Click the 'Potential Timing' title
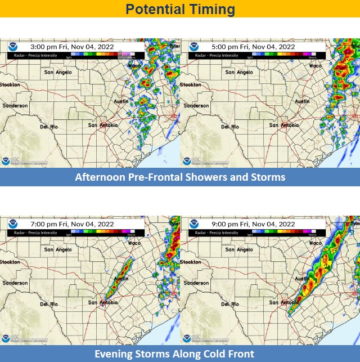point(180,9)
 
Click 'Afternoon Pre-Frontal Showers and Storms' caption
point(180,177)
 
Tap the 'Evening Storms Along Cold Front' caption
point(180,354)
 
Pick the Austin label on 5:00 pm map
point(302,101)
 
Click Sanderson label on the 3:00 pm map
point(15,105)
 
